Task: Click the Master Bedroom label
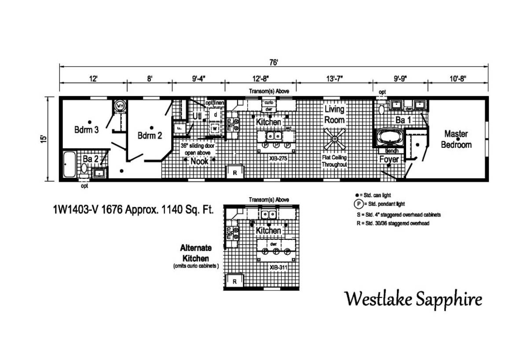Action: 456,139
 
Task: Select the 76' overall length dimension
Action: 273,63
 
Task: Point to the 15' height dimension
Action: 43,139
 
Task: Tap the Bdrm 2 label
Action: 150,136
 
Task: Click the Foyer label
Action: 389,159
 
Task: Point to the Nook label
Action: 199,162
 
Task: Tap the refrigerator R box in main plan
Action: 235,172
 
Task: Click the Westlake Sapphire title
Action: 413,299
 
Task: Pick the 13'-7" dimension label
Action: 334,79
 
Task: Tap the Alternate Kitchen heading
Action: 196,253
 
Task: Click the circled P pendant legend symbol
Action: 359,204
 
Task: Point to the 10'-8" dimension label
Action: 457,79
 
